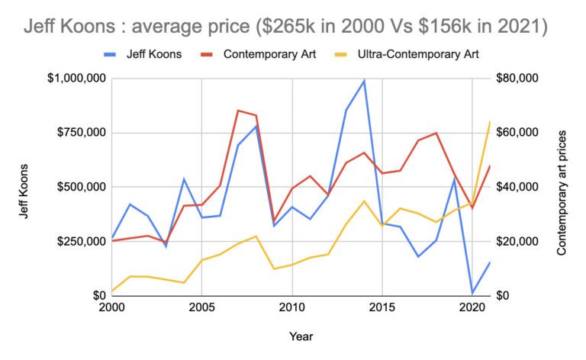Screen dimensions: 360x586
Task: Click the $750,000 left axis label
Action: coord(80,133)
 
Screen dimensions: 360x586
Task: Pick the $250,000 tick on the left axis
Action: coord(80,241)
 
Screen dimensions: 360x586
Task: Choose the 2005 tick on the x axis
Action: coord(201,307)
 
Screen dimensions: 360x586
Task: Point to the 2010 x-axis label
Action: coord(291,307)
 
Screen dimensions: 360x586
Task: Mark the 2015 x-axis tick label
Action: coord(382,307)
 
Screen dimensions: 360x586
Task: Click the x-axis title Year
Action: coord(301,336)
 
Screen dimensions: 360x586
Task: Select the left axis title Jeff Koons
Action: coord(24,188)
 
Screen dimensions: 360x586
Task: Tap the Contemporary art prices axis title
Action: coord(562,188)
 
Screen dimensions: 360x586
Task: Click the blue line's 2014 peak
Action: coord(364,81)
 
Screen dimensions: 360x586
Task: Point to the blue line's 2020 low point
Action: coord(472,293)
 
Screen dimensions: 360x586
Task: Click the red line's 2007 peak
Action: coord(237,111)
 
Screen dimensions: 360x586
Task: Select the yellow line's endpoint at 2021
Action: coord(489,122)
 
